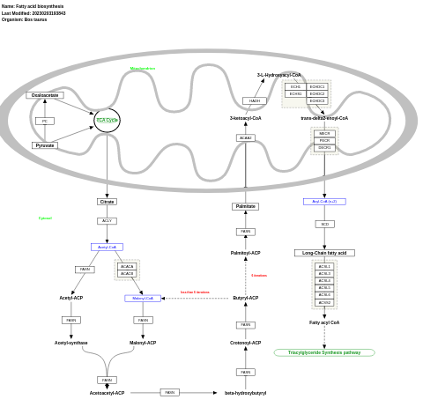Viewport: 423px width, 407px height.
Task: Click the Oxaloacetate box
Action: (45, 95)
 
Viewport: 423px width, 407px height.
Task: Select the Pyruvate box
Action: (44, 145)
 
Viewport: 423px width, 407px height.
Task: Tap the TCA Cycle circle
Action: (107, 120)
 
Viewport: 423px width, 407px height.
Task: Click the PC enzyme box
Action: (45, 121)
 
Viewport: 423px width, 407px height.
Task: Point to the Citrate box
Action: (107, 202)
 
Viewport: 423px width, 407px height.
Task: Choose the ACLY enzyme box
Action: (107, 221)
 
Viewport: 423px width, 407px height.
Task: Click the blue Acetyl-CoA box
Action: (107, 247)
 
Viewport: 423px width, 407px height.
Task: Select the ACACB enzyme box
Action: (127, 273)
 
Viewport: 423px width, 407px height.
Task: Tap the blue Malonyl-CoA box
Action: (143, 298)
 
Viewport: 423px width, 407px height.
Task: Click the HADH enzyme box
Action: (255, 100)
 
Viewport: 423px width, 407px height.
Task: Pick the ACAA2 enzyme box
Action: (245, 137)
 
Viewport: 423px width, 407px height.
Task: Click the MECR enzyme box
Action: (324, 133)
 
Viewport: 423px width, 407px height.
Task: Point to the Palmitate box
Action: (245, 206)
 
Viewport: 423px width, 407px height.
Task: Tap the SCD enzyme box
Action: (324, 224)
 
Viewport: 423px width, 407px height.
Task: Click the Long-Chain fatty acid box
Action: (324, 253)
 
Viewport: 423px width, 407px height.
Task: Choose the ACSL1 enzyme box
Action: (324, 266)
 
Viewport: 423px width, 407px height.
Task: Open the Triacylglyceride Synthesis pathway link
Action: (324, 352)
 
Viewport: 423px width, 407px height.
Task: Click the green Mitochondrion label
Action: (143, 69)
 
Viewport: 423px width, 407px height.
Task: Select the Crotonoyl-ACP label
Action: (245, 343)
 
